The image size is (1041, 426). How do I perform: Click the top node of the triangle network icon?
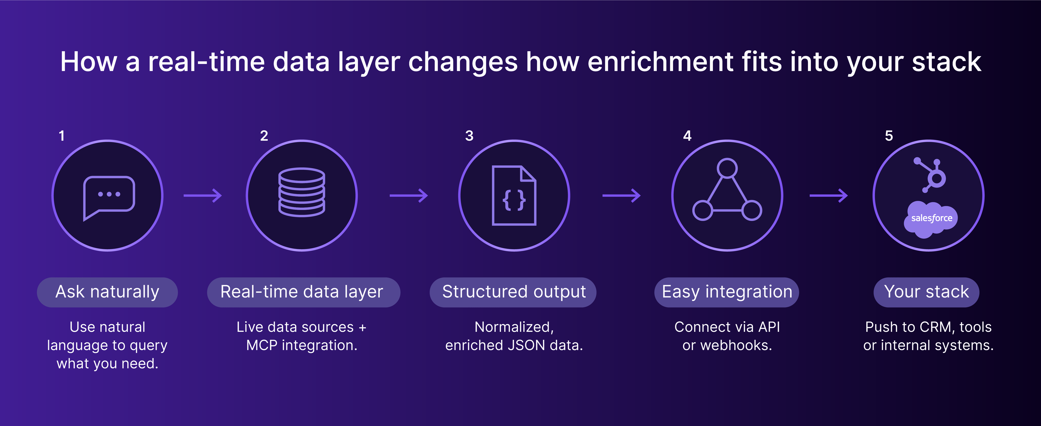click(x=727, y=168)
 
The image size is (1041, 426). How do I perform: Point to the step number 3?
click(x=469, y=136)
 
